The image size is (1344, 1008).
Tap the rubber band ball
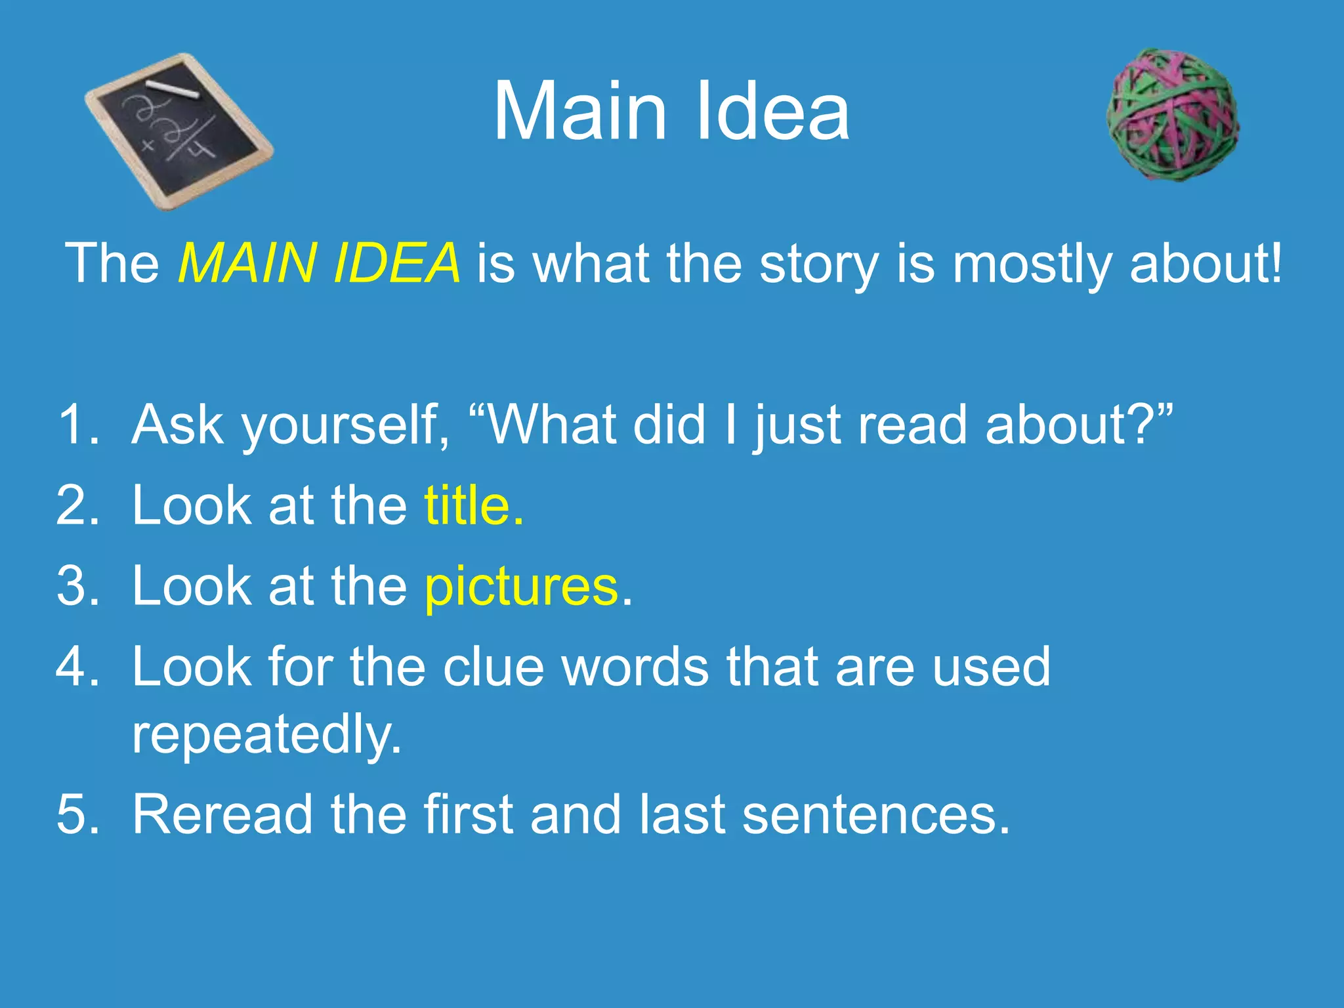[x=1173, y=115]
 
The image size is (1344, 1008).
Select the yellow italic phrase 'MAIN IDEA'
[x=319, y=264]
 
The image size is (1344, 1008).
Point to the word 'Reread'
[x=222, y=814]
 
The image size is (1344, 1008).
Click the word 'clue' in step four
[x=493, y=667]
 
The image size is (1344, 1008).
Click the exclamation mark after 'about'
[x=1275, y=262]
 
